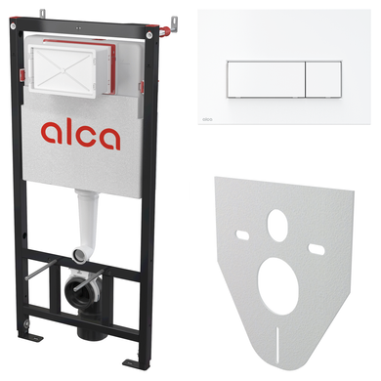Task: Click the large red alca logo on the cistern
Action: [81, 135]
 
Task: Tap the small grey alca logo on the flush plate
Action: [207, 119]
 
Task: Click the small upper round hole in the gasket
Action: [277, 226]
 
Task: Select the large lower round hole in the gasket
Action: [278, 286]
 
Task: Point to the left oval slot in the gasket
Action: [242, 234]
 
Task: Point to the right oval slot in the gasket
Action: [317, 249]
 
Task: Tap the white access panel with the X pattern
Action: [63, 69]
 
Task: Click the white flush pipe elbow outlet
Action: [80, 254]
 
